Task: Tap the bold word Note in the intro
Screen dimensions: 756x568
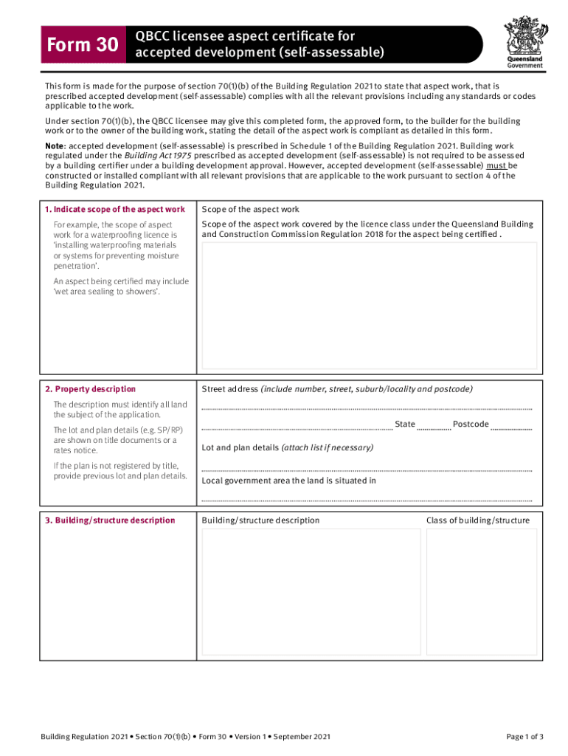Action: (55, 145)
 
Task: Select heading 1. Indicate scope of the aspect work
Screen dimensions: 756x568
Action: (114, 210)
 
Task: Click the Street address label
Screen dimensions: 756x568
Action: (229, 389)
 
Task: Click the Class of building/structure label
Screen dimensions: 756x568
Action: (477, 520)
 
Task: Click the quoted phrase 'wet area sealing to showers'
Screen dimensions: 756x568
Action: (107, 292)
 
